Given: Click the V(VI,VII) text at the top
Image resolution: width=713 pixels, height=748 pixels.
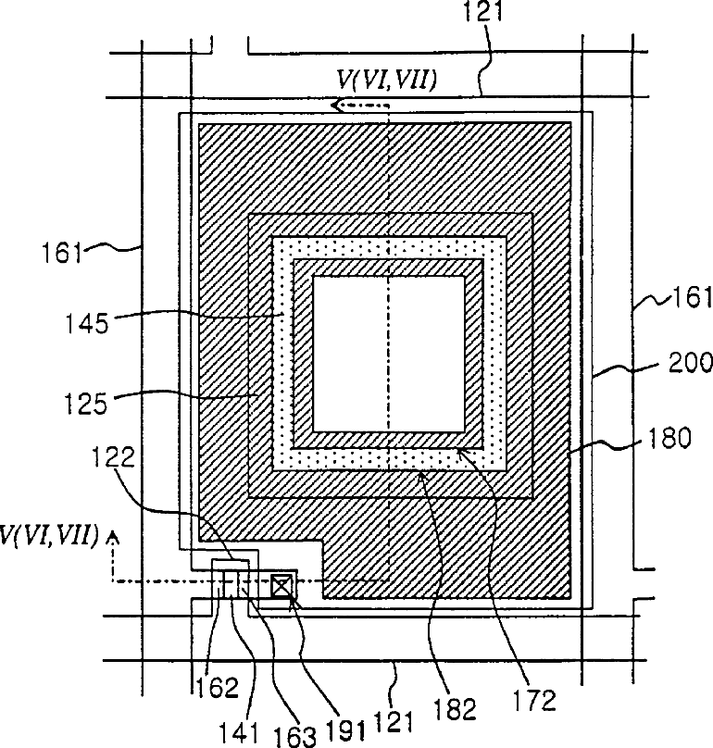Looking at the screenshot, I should coord(385,81).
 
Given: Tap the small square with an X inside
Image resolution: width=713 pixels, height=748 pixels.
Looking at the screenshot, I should coord(281,584).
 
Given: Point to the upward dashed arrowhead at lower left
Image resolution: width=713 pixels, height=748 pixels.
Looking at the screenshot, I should coord(114,534).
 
